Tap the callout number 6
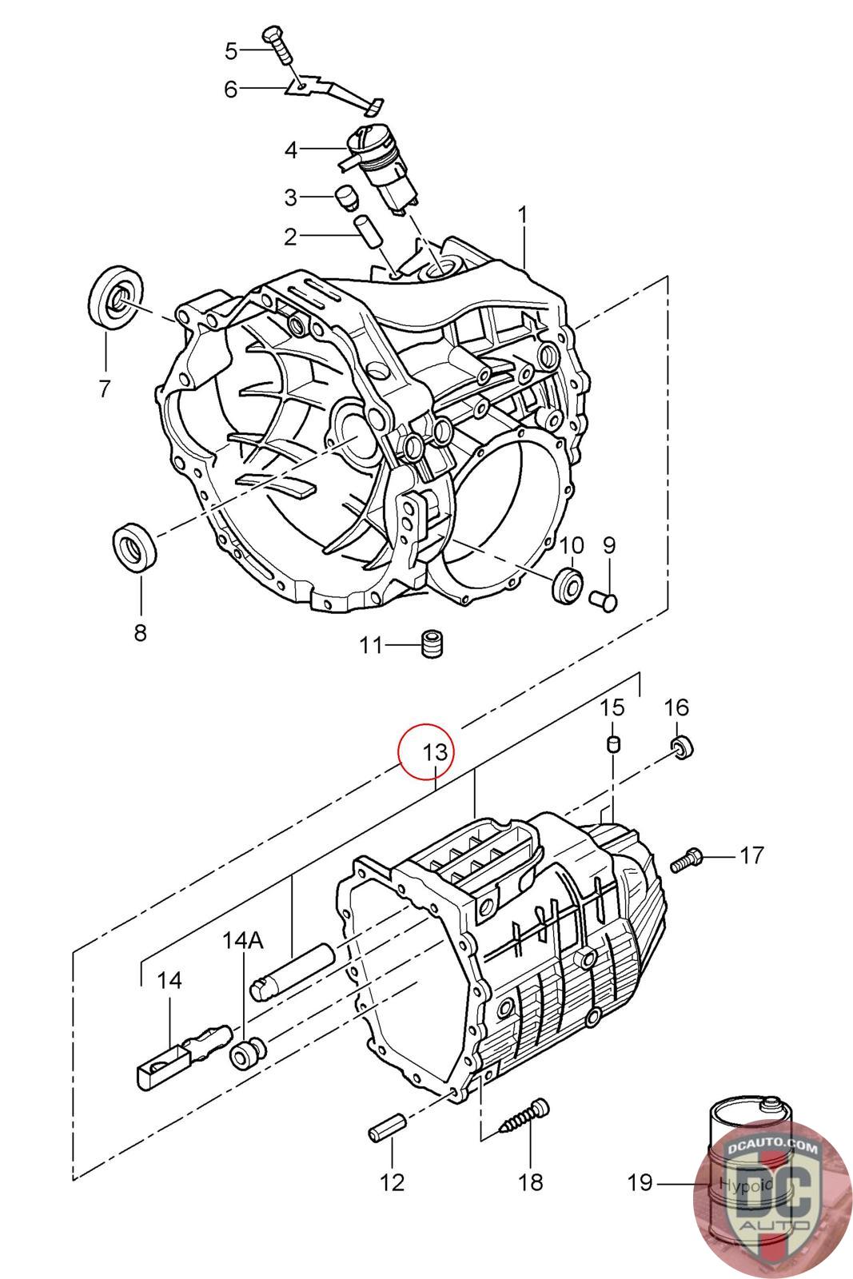coord(230,90)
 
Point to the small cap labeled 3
coord(345,197)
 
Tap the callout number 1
coord(521,215)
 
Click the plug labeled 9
coord(603,601)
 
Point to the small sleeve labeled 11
coord(432,644)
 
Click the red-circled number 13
coord(435,751)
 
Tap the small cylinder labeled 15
coord(612,744)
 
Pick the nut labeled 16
coord(681,747)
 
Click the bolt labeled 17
coord(686,859)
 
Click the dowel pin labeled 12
coord(387,1128)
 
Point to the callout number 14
coord(169,980)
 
